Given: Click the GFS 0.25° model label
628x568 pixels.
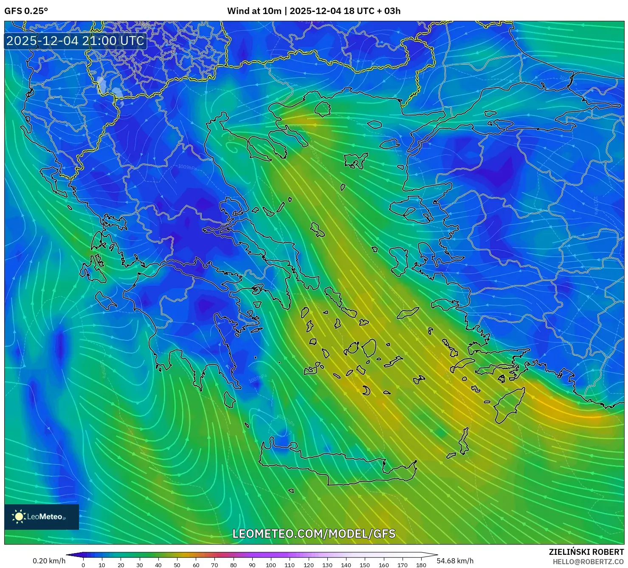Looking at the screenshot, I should click(26, 11).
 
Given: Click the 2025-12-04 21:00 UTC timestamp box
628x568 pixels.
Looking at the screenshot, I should click(75, 41).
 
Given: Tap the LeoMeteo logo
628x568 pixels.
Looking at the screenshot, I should click(41, 517).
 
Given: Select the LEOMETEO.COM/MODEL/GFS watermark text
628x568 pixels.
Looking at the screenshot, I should click(314, 534).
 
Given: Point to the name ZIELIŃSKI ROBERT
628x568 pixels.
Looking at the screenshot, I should click(586, 552).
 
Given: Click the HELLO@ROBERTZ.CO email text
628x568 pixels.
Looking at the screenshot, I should click(588, 562).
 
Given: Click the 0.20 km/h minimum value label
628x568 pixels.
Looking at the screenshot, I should click(49, 561).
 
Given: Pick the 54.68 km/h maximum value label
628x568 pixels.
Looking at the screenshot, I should click(455, 561).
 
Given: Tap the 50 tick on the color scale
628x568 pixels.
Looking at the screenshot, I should click(177, 565).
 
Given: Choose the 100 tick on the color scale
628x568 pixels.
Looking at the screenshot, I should click(271, 565).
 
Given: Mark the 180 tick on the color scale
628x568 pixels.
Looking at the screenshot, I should click(421, 565).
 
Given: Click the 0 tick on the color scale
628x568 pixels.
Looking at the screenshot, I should click(83, 565).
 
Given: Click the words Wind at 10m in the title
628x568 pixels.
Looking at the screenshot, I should click(254, 11).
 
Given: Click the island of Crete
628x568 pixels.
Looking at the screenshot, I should click(340, 467).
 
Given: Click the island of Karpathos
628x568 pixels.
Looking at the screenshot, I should click(464, 442).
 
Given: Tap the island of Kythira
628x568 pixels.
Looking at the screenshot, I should click(229, 399).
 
